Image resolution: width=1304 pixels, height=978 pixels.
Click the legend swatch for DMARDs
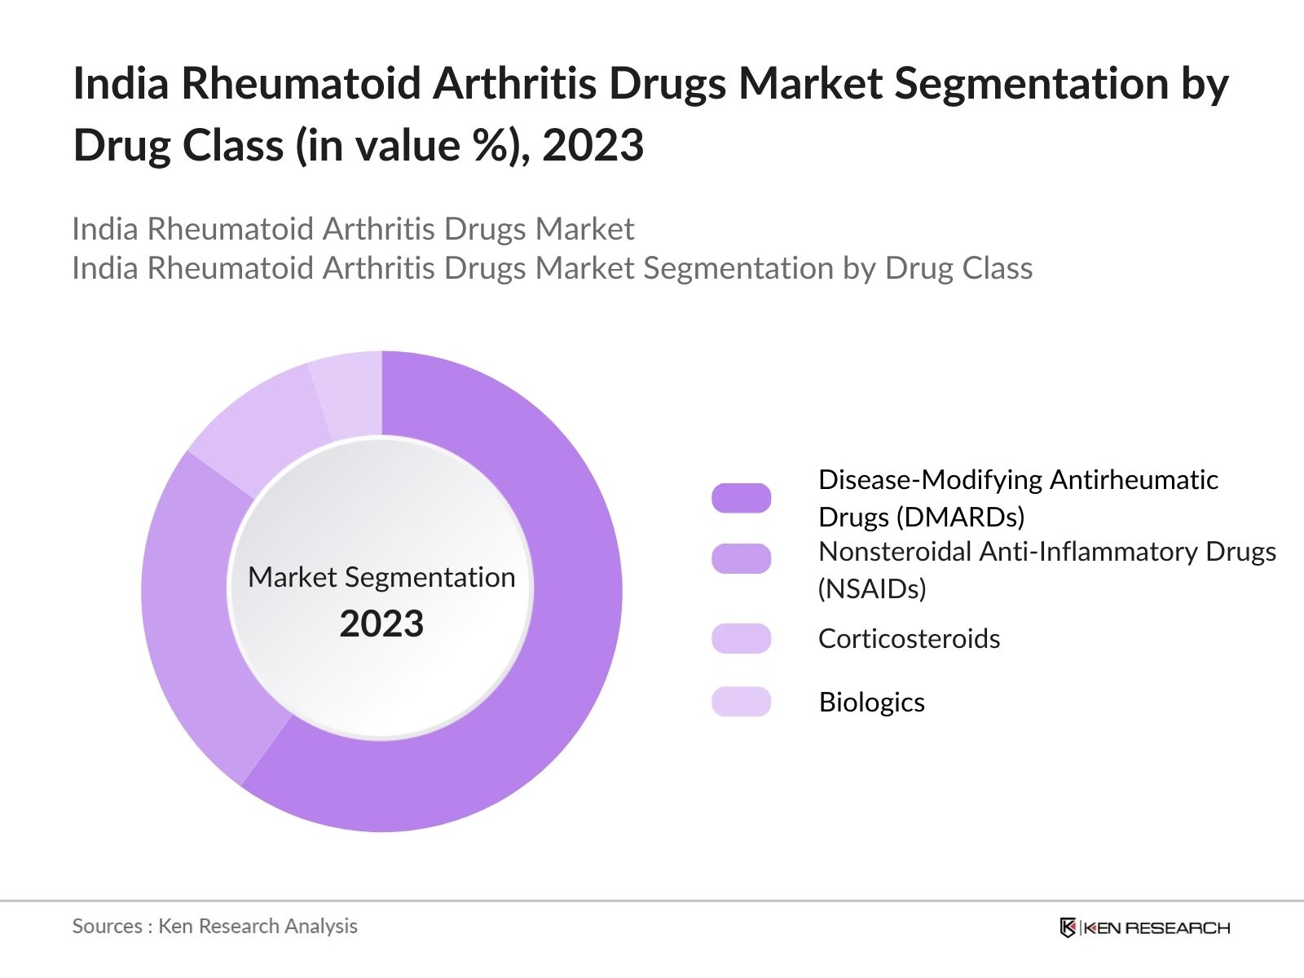pyautogui.click(x=741, y=498)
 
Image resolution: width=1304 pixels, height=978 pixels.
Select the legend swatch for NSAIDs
pyautogui.click(x=741, y=558)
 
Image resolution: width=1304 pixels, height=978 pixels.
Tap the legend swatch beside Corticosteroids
pyautogui.click(x=741, y=638)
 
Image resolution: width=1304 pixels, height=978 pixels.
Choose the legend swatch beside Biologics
pyautogui.click(x=741, y=702)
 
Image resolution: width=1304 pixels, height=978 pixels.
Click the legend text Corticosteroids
pyautogui.click(x=909, y=638)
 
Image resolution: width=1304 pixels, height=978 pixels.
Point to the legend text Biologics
pyautogui.click(x=871, y=702)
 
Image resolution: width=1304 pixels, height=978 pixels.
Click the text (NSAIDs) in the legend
pyautogui.click(x=871, y=588)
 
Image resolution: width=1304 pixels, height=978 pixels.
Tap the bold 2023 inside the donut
pyautogui.click(x=381, y=624)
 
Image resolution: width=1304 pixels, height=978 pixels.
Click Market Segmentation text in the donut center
pyautogui.click(x=381, y=577)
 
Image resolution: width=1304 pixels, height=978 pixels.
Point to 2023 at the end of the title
pyautogui.click(x=593, y=146)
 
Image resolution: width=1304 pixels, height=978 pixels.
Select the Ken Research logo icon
pyautogui.click(x=1068, y=927)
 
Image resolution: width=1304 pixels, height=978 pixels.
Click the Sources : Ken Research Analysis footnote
pyautogui.click(x=214, y=926)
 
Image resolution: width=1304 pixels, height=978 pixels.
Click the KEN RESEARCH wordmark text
pyautogui.click(x=1156, y=927)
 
